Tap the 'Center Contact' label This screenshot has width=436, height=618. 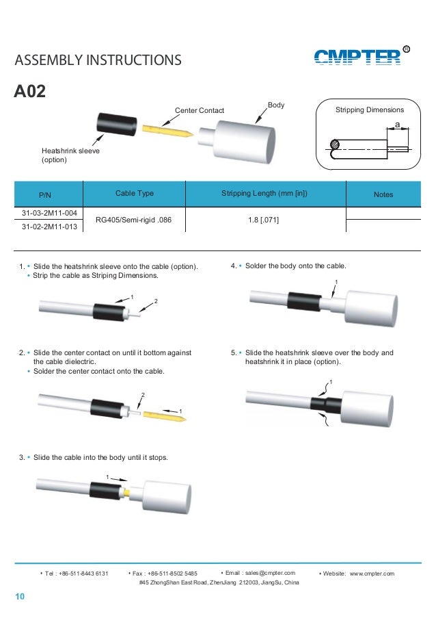tap(200, 110)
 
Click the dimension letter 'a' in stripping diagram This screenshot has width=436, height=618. tap(396, 125)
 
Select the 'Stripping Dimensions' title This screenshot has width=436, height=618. tap(370, 110)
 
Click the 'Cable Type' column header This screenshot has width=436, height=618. tap(134, 194)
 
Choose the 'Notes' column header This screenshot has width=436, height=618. tap(383, 195)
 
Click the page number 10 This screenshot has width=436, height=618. tap(20, 599)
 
